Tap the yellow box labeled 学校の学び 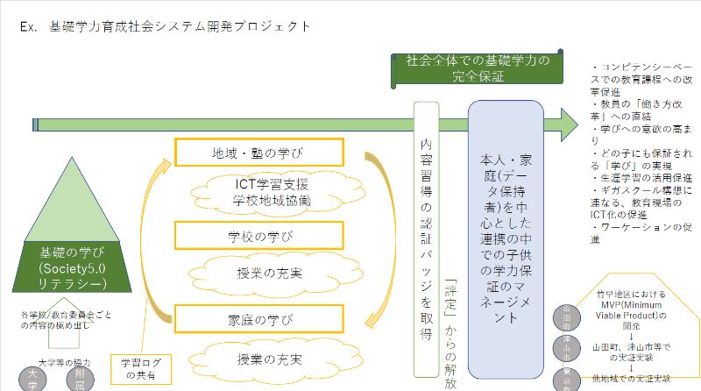254,236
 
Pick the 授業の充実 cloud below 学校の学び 271,274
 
